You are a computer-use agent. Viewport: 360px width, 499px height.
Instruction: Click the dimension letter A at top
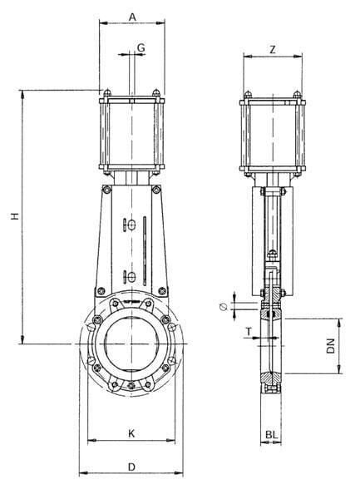click(132, 17)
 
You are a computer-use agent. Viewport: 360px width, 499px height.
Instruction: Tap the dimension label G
click(141, 47)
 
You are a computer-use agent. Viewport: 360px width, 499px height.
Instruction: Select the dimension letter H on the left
click(15, 216)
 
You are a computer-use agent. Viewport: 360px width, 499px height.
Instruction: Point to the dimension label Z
click(273, 50)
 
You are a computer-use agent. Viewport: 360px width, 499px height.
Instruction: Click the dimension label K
click(131, 433)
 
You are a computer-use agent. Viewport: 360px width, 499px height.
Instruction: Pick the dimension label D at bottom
click(131, 467)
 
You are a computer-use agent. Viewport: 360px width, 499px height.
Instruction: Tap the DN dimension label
click(331, 346)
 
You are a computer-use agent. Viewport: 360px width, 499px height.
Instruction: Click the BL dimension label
click(271, 435)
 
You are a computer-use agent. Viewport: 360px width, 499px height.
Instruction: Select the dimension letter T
click(249, 332)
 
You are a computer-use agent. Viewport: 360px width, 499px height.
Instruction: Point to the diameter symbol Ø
click(224, 307)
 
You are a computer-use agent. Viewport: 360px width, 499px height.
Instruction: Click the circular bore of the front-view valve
click(131, 344)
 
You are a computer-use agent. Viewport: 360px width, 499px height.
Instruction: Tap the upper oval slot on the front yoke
click(131, 225)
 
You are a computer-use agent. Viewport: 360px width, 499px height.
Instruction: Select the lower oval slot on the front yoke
click(131, 277)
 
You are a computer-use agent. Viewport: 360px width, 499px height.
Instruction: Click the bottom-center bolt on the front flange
click(131, 386)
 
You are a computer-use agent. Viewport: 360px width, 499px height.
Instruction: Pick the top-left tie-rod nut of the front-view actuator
click(107, 93)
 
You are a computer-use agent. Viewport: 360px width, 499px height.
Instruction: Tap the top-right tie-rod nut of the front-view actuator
click(155, 93)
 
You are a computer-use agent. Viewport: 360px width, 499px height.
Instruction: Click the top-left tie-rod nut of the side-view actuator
click(248, 95)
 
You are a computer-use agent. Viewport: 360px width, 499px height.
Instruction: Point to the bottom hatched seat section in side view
click(271, 378)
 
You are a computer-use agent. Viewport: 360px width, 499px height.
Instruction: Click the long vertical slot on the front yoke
click(145, 251)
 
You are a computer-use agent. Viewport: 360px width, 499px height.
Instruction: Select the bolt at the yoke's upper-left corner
click(107, 190)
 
